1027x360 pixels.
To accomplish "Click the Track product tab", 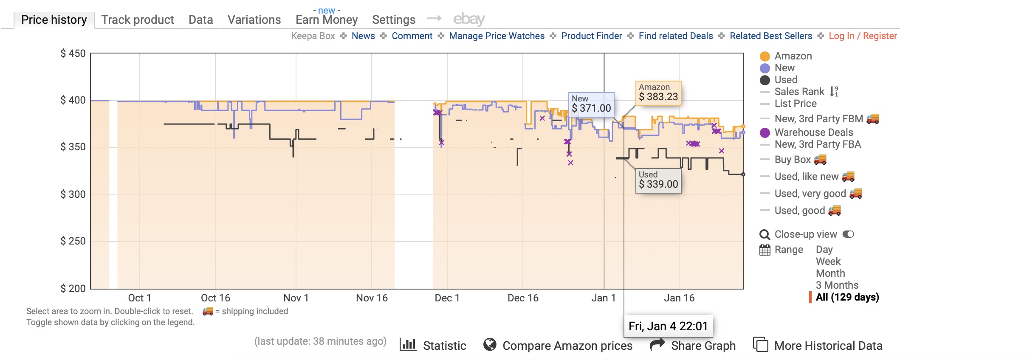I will pos(138,20).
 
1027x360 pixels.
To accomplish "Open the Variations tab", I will pos(254,20).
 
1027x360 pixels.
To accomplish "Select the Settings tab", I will pos(393,20).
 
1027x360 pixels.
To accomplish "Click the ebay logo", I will pos(469,19).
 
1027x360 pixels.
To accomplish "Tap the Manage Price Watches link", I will pos(497,36).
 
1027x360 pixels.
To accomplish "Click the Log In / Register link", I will pos(863,36).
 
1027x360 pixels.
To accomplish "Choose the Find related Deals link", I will pos(675,36).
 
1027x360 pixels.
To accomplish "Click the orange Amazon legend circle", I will pos(765,56).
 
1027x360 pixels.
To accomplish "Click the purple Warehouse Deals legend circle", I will pos(765,133).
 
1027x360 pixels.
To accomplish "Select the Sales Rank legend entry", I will pos(799,92).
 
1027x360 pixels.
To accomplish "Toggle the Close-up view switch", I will pos(848,234).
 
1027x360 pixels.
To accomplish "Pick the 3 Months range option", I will pos(837,285).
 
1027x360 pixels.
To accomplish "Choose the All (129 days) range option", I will pos(847,297).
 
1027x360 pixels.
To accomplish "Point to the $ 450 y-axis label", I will pos(73,53).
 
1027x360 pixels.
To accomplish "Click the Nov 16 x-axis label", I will pos(372,298).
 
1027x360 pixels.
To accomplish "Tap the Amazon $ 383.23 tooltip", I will pos(658,93).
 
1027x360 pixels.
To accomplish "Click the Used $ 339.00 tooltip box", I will pos(658,180).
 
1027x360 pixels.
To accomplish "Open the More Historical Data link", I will pos(828,346).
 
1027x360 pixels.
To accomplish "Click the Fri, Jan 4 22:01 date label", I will pos(668,326).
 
